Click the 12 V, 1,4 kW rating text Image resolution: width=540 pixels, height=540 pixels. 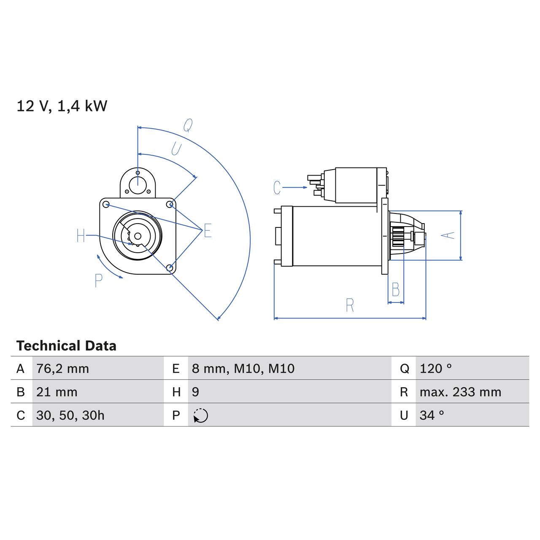point(62,106)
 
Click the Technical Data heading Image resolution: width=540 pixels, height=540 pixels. point(66,346)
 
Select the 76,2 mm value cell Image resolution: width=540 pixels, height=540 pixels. point(62,369)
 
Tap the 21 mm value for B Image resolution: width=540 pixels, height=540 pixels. point(57,392)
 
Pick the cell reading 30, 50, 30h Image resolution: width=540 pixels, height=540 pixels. point(70,416)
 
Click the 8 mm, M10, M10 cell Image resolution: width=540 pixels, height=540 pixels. point(243,369)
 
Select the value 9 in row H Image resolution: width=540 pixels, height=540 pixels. point(195,392)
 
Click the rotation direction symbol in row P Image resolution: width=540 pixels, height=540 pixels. point(201,416)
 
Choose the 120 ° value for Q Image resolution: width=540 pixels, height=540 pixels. point(435,369)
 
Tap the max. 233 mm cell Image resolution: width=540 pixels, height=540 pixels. point(460,392)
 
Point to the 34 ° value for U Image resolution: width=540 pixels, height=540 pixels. point(432,416)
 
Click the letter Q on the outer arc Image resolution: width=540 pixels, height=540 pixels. point(188,125)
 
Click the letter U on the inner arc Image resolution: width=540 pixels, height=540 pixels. point(176,149)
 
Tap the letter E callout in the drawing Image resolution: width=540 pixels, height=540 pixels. point(207,231)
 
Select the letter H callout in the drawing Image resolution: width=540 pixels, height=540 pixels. point(81,236)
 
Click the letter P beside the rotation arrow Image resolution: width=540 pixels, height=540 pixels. point(98,281)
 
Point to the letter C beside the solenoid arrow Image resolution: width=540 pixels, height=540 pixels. point(277,188)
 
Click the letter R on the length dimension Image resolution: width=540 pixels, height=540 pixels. point(350,306)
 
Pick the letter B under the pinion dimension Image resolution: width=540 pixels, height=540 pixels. point(395,290)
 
